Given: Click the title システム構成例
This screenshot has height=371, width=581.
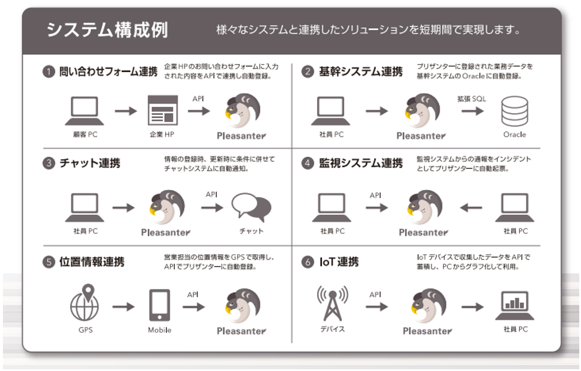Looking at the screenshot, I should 108,30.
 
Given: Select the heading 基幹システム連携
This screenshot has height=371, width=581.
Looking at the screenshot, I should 361,72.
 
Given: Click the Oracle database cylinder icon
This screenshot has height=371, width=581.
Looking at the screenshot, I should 514,111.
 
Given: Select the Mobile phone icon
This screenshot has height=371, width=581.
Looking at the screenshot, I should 159,305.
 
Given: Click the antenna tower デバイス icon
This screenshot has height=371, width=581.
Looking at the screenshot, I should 332,303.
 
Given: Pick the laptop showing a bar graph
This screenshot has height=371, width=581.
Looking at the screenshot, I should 515,305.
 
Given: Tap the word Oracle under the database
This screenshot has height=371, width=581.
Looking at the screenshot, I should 514,134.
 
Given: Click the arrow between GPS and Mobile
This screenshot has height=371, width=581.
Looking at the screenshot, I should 123,306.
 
